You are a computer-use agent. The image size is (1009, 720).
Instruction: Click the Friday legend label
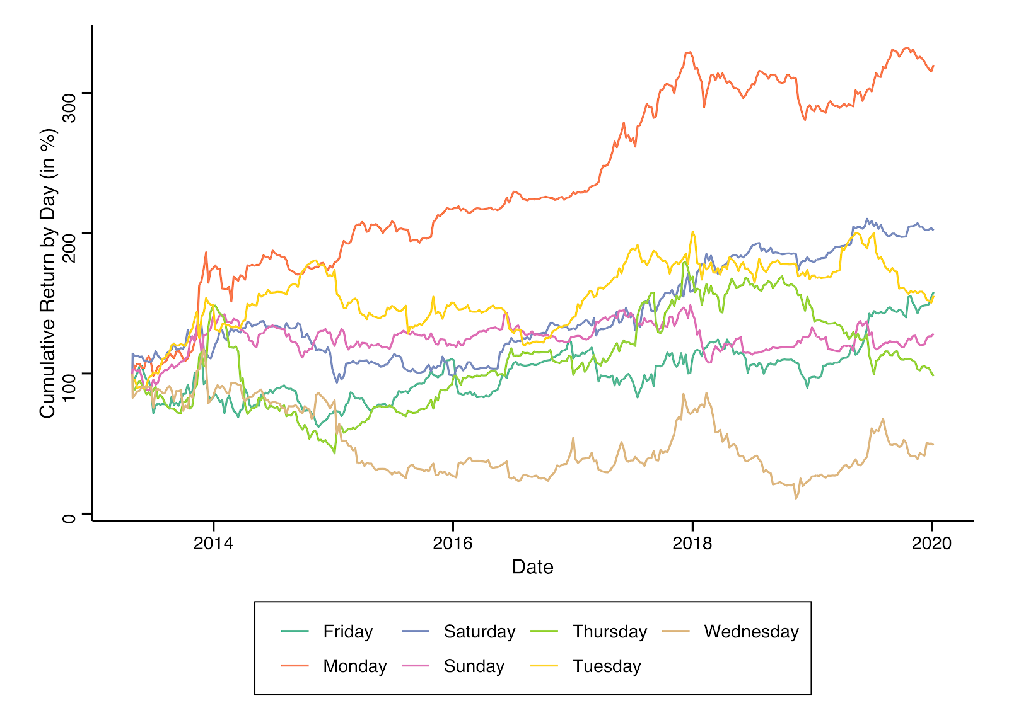[x=347, y=631]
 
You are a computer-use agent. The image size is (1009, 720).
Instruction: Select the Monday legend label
[x=354, y=666]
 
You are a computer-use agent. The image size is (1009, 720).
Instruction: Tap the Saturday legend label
[x=479, y=631]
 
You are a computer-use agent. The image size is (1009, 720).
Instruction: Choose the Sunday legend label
[x=474, y=666]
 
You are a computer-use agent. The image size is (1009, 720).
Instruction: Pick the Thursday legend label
[x=609, y=631]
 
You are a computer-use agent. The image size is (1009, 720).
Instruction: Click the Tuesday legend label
[x=606, y=666]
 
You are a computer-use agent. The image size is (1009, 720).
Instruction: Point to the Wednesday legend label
[x=751, y=631]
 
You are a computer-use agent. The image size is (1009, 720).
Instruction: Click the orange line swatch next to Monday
[x=295, y=666]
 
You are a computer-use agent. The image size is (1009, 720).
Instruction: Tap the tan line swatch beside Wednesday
[x=677, y=631]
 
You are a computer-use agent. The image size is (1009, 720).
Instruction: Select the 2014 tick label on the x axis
[x=213, y=543]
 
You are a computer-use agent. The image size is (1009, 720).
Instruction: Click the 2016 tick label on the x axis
[x=452, y=543]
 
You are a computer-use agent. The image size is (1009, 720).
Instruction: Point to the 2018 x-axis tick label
[x=692, y=543]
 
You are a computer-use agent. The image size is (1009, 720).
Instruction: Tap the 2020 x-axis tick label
[x=931, y=543]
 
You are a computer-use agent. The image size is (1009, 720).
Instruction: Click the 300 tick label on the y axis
[x=69, y=106]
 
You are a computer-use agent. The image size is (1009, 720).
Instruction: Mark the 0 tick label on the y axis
[x=69, y=518]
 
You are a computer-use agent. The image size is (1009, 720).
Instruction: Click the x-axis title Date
[x=532, y=567]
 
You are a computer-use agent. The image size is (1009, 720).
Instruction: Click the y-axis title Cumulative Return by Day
[x=48, y=273]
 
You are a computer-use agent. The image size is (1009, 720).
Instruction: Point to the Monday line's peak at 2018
[x=689, y=52]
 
